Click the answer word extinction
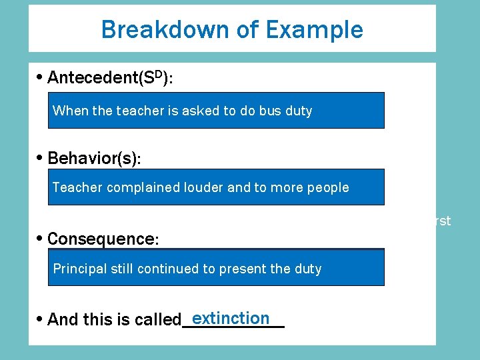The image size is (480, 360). click(230, 318)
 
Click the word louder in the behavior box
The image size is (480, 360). click(204, 187)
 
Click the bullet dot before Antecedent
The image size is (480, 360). click(41, 77)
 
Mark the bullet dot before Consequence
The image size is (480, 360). click(41, 239)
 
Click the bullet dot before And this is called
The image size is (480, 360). click(41, 319)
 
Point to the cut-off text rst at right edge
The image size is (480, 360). click(443, 221)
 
